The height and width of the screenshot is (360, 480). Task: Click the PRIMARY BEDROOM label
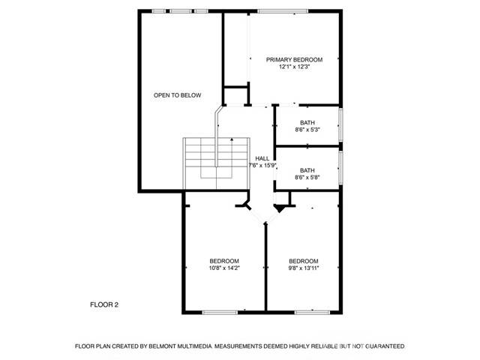point(294,59)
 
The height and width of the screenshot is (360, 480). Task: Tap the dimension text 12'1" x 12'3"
point(294,67)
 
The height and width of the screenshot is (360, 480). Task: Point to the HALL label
point(262,158)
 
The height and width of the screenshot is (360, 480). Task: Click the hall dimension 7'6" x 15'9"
point(262,166)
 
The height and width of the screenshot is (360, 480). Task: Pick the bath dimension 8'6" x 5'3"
point(307,130)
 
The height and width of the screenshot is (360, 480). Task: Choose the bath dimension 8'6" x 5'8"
point(307,178)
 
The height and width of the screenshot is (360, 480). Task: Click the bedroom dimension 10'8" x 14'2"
point(224,268)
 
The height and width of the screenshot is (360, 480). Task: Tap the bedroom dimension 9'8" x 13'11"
point(304,268)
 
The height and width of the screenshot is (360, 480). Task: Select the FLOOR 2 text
point(104,304)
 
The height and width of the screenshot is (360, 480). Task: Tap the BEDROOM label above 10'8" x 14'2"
point(224,260)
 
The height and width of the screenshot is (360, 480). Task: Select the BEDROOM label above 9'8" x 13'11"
point(304,260)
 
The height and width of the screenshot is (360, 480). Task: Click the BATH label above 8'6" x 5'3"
point(307,122)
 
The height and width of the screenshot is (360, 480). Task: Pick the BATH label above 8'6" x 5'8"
point(307,170)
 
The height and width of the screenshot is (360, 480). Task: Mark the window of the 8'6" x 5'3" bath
point(341,124)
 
